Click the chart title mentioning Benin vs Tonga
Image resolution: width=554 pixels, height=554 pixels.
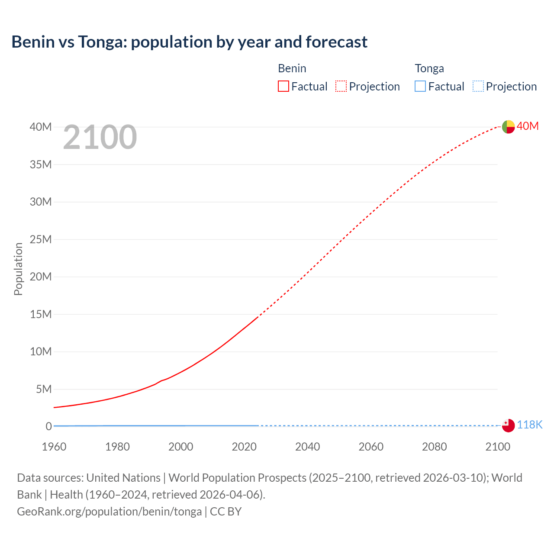click(x=189, y=42)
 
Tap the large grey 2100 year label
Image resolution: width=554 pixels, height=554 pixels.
click(x=100, y=138)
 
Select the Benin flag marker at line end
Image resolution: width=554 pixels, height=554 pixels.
click(x=508, y=127)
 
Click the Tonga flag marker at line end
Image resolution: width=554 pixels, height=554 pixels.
click(x=508, y=425)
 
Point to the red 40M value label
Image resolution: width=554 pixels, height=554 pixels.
click(x=528, y=126)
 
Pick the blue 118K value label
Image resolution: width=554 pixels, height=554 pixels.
click(x=529, y=425)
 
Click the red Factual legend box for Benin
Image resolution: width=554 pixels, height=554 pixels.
click(x=283, y=87)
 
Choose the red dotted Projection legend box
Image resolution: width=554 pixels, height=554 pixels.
click(x=341, y=87)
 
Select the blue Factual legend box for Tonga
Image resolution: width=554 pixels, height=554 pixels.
click(x=420, y=87)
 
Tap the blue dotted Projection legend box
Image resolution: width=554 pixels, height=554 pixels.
click(x=478, y=87)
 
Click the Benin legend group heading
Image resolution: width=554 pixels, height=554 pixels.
click(x=292, y=68)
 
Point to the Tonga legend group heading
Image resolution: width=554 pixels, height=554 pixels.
click(x=429, y=68)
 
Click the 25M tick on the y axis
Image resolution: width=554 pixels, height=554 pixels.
click(x=41, y=239)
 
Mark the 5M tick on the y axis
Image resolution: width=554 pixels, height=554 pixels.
click(x=44, y=389)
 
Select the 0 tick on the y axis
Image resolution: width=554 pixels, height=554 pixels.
click(x=48, y=426)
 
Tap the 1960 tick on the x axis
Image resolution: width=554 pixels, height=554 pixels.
click(x=54, y=447)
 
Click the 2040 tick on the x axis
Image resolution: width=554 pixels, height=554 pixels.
click(x=307, y=447)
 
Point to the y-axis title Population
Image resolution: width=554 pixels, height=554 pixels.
click(x=18, y=269)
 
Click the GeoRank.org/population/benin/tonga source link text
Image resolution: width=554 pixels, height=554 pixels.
click(x=109, y=512)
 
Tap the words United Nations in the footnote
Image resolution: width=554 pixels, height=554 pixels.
click(x=123, y=478)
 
